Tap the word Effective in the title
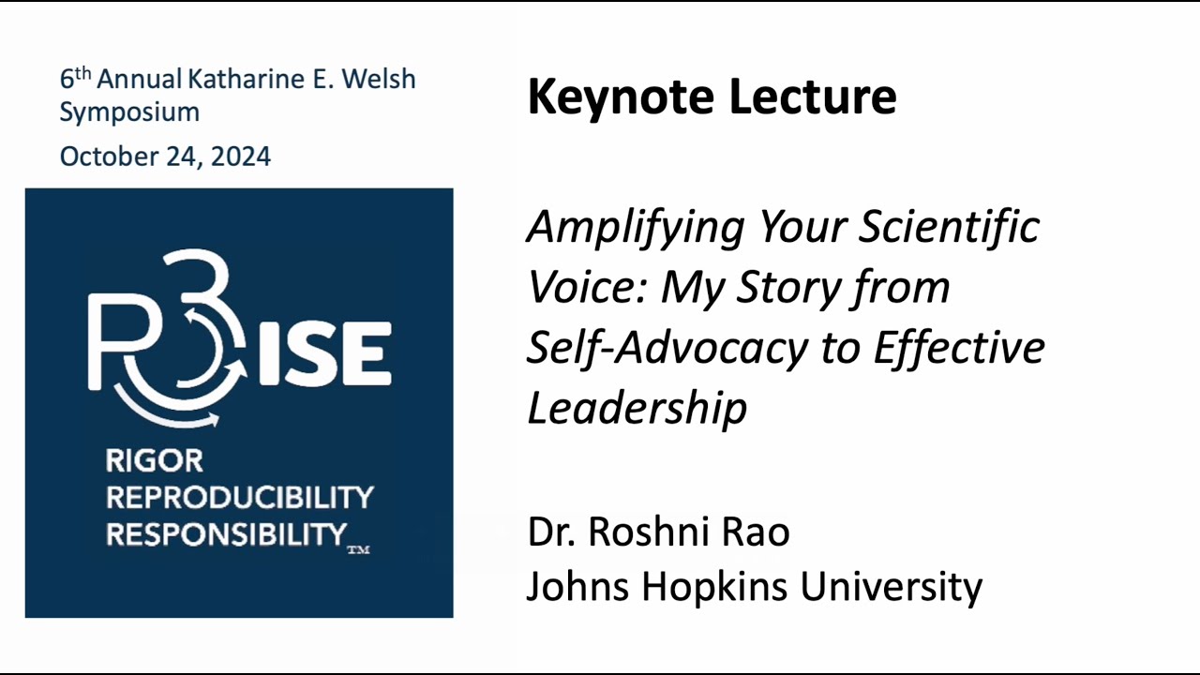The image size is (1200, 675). coord(958,347)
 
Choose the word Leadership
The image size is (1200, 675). coord(637,408)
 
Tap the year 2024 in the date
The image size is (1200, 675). coord(240,157)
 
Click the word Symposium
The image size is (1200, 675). coord(129,112)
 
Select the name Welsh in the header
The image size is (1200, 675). coord(378,80)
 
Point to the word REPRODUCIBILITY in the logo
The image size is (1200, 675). coord(239,497)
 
